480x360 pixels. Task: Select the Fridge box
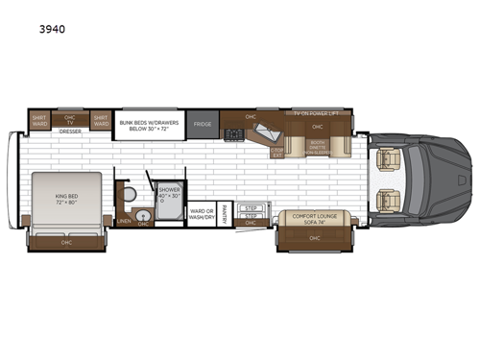202,125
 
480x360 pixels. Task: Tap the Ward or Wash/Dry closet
201,214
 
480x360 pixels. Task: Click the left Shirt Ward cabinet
39,121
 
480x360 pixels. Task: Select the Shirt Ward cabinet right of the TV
101,121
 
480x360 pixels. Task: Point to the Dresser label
69,132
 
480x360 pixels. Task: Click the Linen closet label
124,221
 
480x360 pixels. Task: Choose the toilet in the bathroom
131,195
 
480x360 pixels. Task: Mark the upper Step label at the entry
252,207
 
